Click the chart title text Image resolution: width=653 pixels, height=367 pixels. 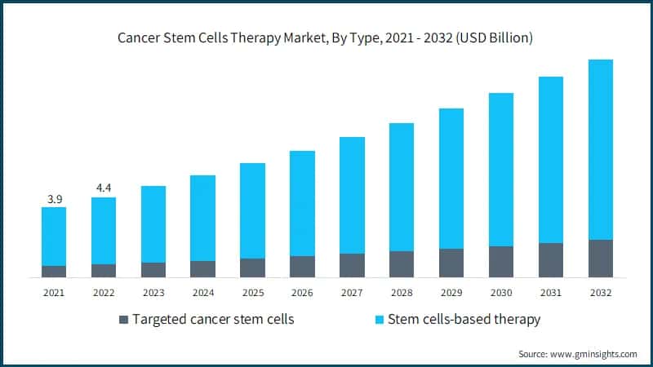[326, 39]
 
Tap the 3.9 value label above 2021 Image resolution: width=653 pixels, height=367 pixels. [54, 199]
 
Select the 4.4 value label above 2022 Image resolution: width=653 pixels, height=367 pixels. [104, 188]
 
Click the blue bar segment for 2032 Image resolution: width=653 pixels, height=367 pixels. [600, 149]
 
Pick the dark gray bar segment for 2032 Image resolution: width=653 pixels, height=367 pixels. [600, 259]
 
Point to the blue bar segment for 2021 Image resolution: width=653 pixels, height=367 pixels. [54, 237]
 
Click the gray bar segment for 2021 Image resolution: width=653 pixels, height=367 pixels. [54, 272]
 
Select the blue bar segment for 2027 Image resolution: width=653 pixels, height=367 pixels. [352, 195]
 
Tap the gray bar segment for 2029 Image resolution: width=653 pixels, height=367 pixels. [451, 263]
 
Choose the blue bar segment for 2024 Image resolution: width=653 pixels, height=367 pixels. [202, 218]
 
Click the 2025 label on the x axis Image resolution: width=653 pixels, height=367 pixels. [252, 293]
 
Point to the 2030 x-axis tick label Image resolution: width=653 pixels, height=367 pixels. [501, 293]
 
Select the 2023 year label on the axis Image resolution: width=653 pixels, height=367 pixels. [153, 293]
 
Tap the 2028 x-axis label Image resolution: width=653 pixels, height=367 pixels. [402, 293]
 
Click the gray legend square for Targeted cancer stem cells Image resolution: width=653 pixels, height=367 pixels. [124, 320]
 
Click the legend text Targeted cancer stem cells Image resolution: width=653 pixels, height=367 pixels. [214, 320]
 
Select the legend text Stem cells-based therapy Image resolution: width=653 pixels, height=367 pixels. [464, 320]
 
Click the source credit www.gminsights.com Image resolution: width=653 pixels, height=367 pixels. [578, 354]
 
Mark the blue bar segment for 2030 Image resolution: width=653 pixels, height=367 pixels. [501, 170]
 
